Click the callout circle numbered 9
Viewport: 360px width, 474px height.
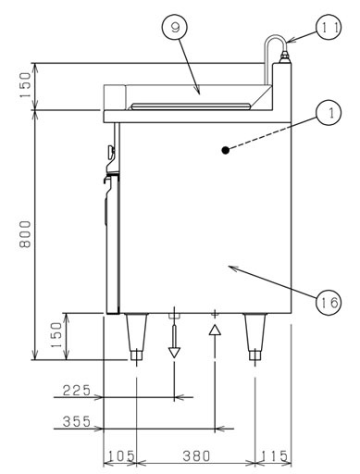(175, 28)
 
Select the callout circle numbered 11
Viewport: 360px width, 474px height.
(329, 27)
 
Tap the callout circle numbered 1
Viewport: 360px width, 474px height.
(329, 112)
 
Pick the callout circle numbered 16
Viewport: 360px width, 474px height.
(329, 302)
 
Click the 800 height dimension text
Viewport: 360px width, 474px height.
(25, 234)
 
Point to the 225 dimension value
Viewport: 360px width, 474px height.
(77, 391)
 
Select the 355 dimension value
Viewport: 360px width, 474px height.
(77, 421)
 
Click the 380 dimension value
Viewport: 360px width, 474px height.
(196, 455)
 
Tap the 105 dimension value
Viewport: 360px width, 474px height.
(121, 455)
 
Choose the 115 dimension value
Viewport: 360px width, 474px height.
(274, 455)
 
